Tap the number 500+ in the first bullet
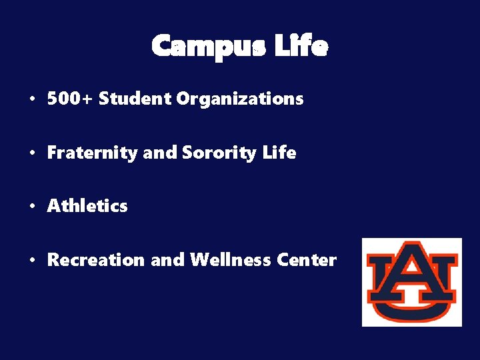70,99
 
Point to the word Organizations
239,99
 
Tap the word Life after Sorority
279,153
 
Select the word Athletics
87,206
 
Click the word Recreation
95,260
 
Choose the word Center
309,260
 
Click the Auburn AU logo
411,282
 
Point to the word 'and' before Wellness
167,260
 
